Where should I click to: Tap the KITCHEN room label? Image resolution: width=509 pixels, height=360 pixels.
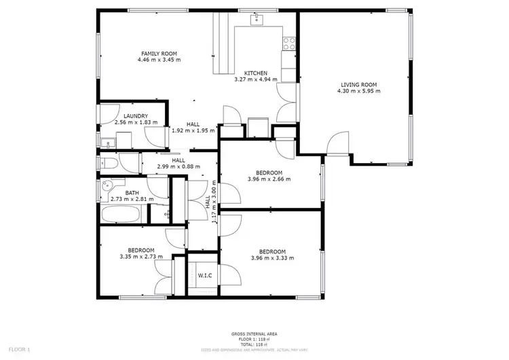256,73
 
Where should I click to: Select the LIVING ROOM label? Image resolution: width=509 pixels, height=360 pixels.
358,86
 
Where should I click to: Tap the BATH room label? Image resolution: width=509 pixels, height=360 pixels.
132,193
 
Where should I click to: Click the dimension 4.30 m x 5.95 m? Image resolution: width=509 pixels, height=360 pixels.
358,92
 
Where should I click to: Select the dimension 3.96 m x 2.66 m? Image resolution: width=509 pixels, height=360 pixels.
269,180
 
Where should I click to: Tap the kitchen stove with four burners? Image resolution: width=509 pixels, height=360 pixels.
288,44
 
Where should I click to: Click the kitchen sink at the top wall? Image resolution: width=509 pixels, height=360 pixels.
257,20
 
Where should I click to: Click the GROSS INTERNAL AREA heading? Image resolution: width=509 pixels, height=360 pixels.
254,334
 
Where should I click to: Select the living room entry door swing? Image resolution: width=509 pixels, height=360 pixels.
335,144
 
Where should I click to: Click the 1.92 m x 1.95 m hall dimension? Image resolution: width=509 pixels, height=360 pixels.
193,130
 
